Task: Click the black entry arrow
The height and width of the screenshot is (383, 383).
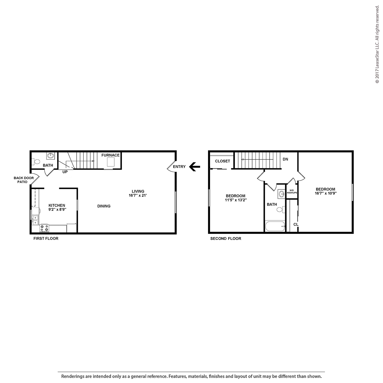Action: pos(194,167)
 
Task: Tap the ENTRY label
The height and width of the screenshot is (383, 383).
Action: pos(179,167)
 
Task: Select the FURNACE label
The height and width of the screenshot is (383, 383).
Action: pos(110,155)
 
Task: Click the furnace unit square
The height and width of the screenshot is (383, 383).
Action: pos(110,162)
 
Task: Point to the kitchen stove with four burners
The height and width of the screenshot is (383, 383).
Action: pos(44,228)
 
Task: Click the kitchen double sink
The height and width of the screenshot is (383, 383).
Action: pos(35,220)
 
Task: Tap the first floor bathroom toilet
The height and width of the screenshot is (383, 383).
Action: pos(37,162)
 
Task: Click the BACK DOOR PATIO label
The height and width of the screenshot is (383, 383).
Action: pos(24,180)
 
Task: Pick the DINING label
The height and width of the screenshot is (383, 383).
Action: pos(104,206)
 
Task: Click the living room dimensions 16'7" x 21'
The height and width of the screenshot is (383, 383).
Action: pos(138,196)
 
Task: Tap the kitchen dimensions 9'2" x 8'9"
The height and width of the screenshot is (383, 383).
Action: pos(57,210)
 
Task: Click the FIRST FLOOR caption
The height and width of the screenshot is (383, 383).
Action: pos(46,239)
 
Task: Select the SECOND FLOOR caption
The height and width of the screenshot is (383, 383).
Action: pos(226,239)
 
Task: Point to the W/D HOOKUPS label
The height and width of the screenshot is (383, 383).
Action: pos(292,191)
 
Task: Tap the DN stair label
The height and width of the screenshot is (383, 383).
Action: pos(285,159)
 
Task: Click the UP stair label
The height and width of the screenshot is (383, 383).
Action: pos(65,172)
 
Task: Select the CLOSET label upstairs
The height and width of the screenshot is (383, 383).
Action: pos(222,161)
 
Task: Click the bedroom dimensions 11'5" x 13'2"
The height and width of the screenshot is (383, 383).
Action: pos(236,200)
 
